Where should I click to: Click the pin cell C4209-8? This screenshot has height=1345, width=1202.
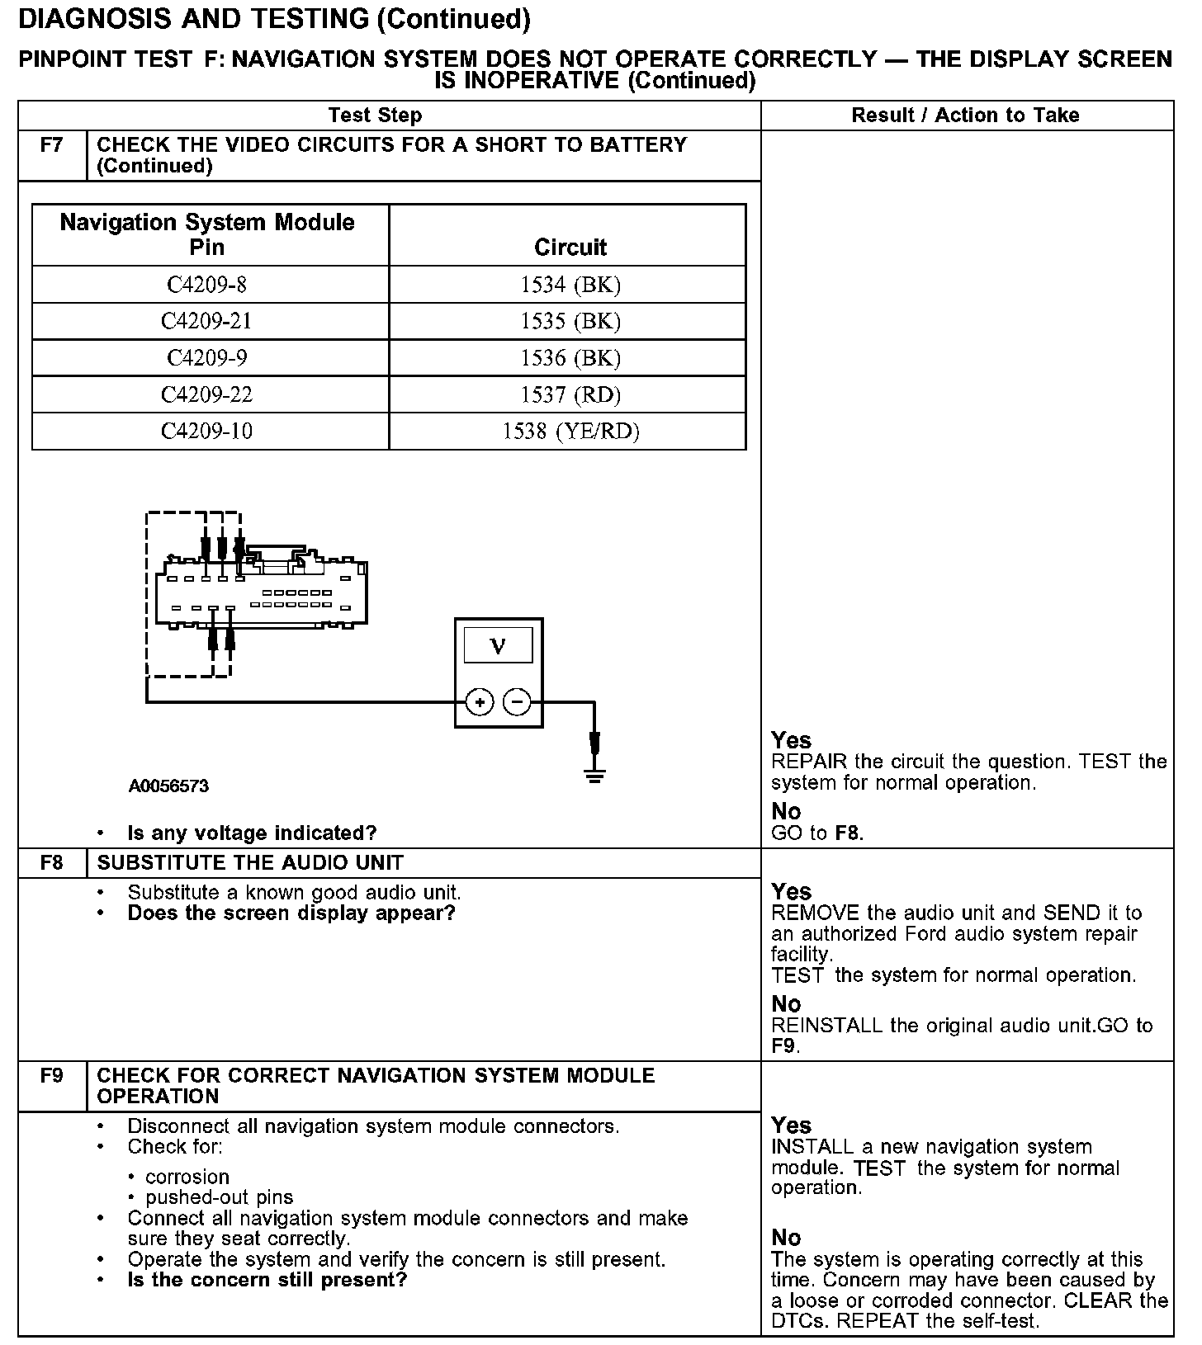206,285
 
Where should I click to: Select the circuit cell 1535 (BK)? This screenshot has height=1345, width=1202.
570,321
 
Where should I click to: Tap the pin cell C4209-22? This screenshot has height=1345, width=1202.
206,394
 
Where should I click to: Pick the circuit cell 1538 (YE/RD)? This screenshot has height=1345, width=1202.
570,431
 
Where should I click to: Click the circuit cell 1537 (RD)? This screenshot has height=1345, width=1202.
570,394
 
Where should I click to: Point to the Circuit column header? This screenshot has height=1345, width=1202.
570,247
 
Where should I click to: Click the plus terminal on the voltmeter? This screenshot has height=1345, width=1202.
480,702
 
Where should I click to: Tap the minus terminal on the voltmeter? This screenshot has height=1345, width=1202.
517,702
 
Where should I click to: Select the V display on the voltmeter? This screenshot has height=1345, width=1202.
498,645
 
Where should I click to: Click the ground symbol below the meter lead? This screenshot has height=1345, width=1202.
594,775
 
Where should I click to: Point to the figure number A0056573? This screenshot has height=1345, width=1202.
168,786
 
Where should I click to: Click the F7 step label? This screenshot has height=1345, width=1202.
51,145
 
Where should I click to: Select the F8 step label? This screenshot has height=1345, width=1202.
51,863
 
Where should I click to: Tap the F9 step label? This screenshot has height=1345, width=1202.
51,1076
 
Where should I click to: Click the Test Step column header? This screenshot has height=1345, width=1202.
375,116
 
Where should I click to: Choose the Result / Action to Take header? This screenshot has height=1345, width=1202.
965,116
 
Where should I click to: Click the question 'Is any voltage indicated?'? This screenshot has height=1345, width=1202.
252,833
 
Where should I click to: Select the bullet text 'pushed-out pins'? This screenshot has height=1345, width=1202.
219,1197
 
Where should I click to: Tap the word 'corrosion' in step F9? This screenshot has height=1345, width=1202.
187,1177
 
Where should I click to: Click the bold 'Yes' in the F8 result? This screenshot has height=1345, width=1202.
791,892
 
